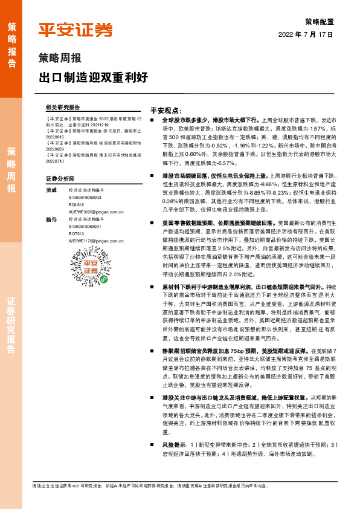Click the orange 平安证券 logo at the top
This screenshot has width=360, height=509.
[x=76, y=30]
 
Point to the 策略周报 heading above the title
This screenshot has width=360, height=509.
[x=60, y=59]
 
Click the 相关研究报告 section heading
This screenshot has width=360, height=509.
[x=63, y=107]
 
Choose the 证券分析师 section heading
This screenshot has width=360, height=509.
[x=60, y=179]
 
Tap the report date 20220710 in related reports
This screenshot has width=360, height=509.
[x=57, y=161]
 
